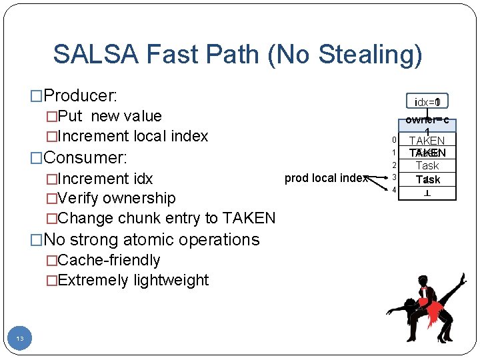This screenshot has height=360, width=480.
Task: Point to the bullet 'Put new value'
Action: (109, 116)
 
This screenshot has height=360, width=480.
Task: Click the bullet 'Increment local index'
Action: (133, 136)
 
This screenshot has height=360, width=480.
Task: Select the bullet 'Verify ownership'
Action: (117, 198)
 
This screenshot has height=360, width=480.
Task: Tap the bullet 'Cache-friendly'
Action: (109, 260)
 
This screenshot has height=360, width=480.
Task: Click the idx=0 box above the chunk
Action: (427, 102)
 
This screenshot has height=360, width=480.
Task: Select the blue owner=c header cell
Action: (427, 124)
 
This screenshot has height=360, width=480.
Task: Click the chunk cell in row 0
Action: (427, 140)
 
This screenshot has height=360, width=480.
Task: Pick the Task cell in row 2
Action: (427, 165)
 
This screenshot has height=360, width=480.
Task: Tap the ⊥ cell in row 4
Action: (427, 191)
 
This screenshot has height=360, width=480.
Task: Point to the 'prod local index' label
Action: (325, 178)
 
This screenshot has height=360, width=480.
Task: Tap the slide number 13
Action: (20, 339)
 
